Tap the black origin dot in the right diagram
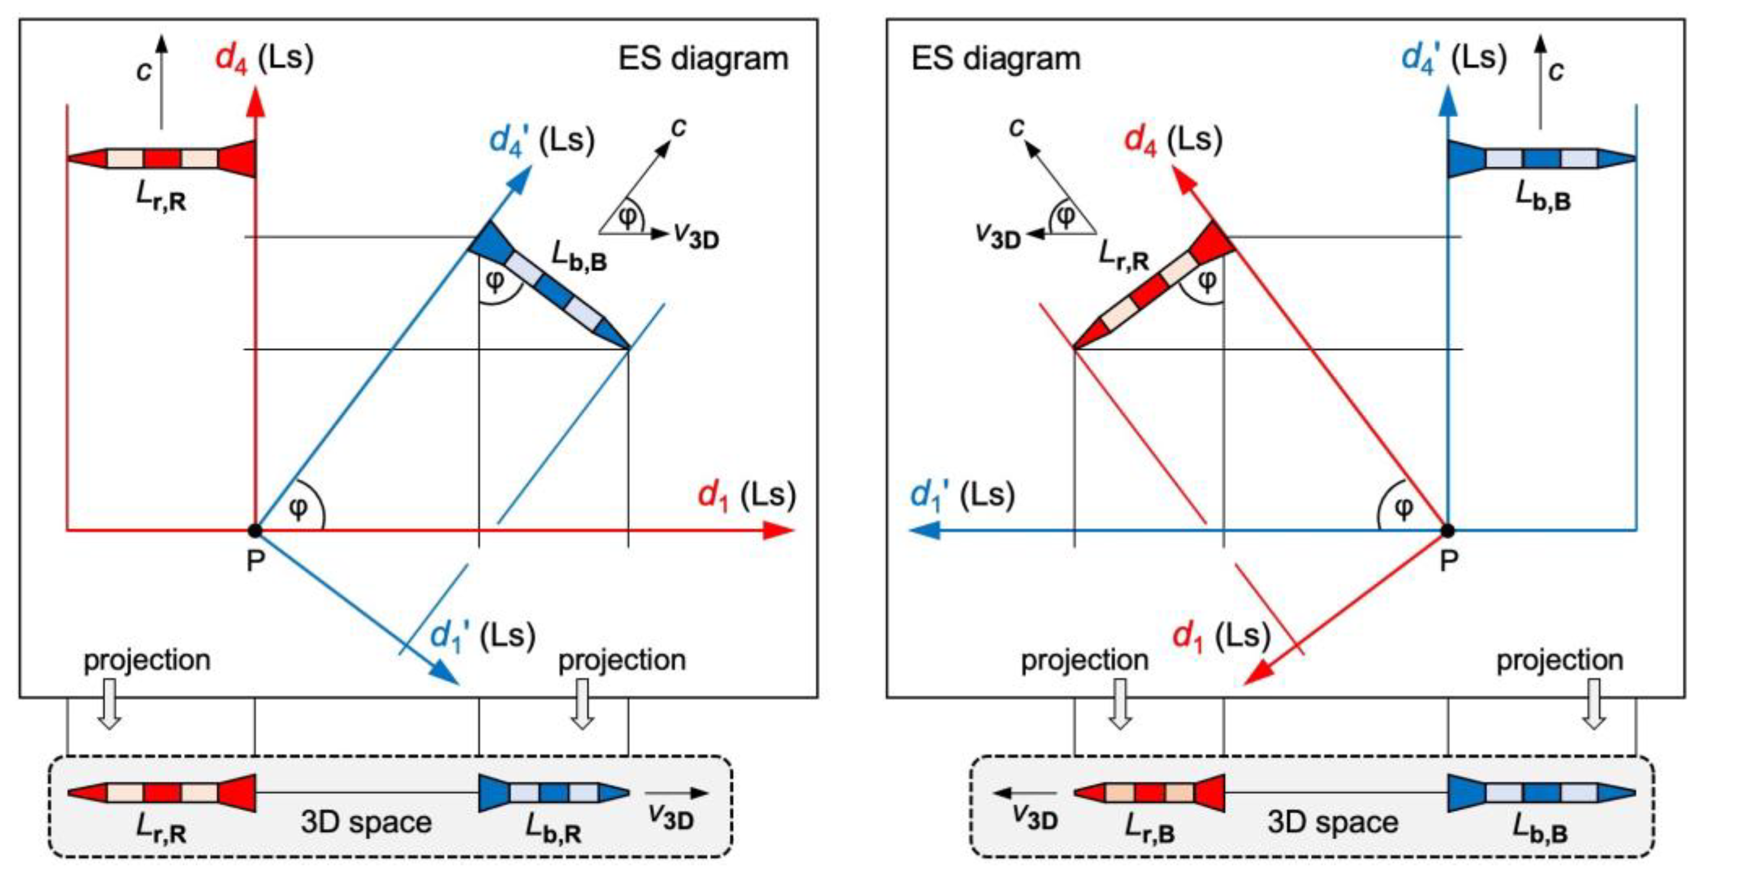click(x=1447, y=530)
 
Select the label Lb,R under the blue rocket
click(x=553, y=829)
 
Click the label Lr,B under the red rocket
click(x=1150, y=829)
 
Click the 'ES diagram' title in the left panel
click(x=703, y=59)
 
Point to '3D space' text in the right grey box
click(x=1332, y=822)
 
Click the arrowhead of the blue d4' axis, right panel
click(x=1447, y=101)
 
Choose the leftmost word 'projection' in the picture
click(x=147, y=660)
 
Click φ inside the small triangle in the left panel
click(x=627, y=217)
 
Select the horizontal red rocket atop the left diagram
click(x=162, y=158)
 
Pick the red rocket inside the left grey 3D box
click(x=162, y=793)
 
